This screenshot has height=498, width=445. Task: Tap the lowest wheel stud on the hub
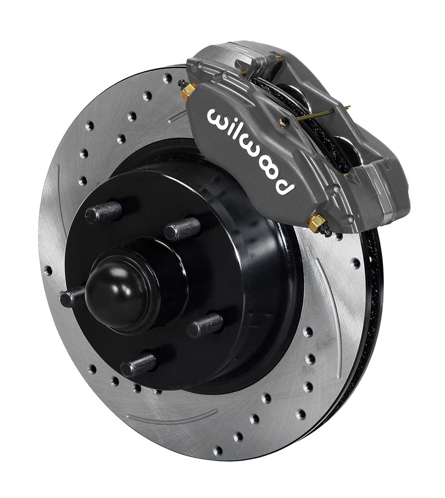pyautogui.click(x=138, y=366)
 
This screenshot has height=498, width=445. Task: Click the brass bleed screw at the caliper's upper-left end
pyautogui.click(x=188, y=91)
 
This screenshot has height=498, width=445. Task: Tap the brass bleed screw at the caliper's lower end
pyautogui.click(x=317, y=222)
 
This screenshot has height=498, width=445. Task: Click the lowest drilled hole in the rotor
pyautogui.click(x=218, y=451)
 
